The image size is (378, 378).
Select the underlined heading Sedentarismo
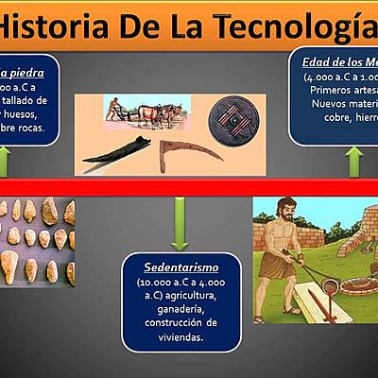tap(176, 267)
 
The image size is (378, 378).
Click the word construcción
tap(176, 324)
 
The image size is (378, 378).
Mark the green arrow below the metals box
tap(352, 162)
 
